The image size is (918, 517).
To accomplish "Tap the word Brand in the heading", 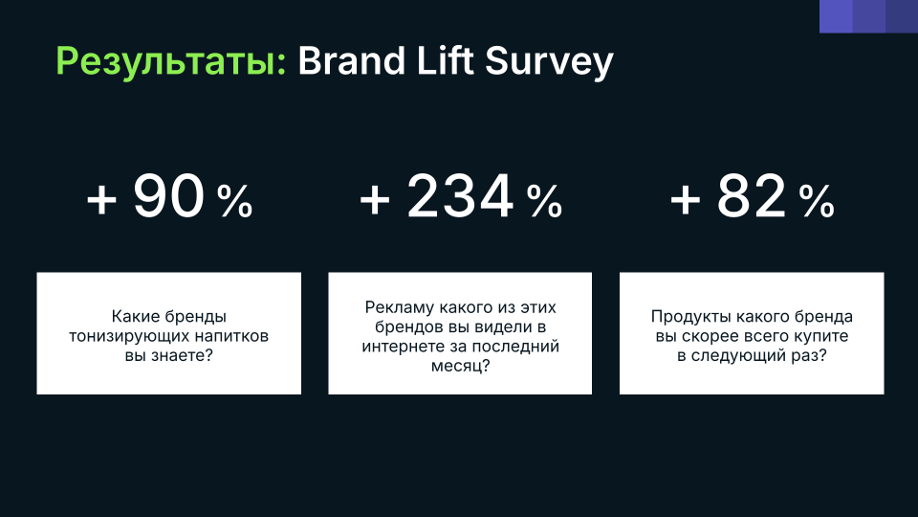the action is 352,60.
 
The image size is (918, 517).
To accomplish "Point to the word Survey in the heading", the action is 549,63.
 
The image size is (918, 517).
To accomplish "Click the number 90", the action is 168,196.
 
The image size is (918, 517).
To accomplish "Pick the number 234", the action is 460,196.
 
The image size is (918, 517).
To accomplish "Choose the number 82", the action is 752,196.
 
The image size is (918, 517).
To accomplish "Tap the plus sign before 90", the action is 102,200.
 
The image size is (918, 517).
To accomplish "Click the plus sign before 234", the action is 375,200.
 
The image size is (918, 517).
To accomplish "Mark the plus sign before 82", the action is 685,200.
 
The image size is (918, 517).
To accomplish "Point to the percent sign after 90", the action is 235,201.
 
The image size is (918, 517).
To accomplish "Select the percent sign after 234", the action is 544,201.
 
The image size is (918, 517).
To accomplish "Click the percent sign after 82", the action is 817,201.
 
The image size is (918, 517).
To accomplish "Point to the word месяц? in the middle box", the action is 460,367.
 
